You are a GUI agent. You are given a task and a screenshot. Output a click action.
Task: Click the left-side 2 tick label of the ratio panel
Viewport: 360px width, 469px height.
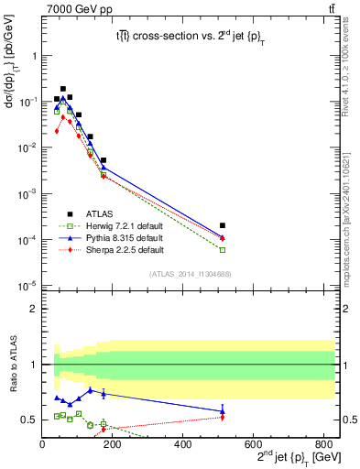click(33, 310)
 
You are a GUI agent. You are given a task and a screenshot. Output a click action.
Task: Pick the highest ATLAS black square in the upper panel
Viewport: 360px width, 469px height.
click(62, 89)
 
